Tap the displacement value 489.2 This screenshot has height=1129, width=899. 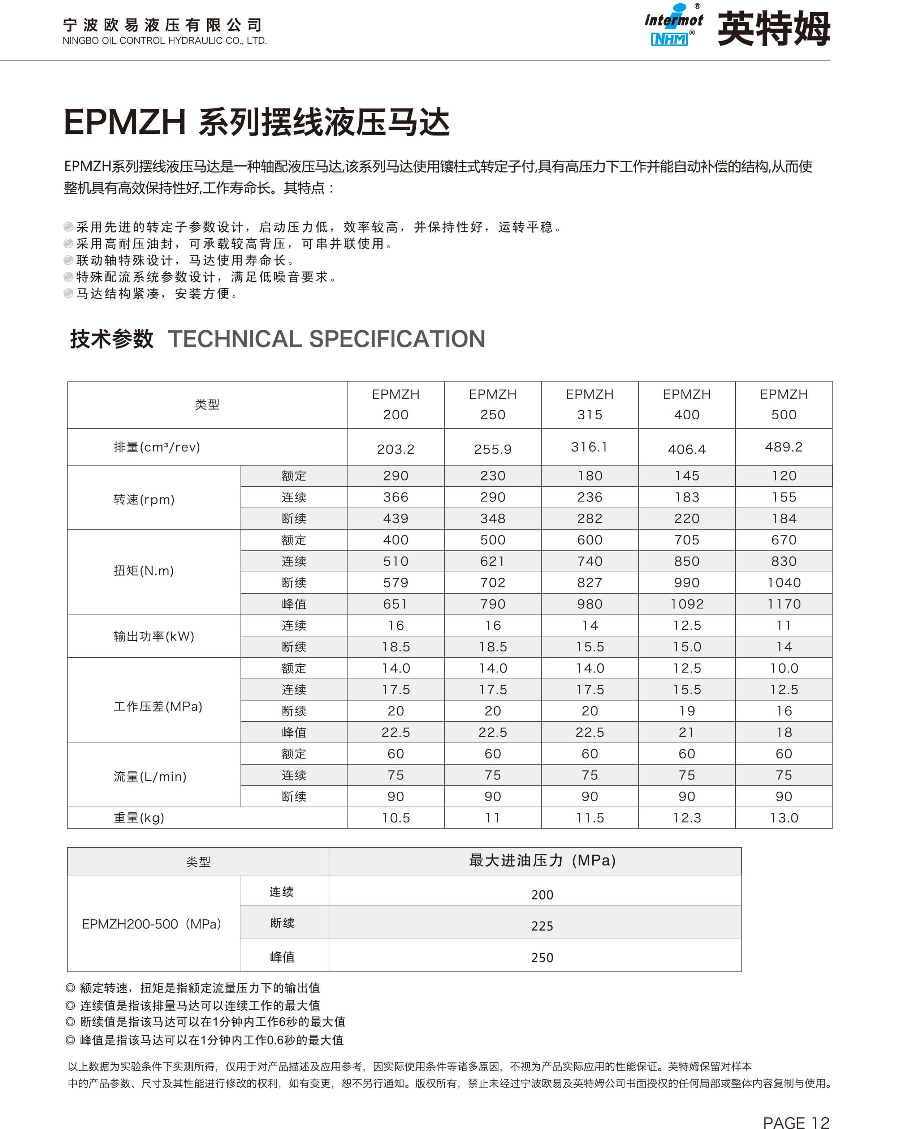pyautogui.click(x=783, y=447)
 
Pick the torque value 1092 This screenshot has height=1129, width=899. pyautogui.click(x=687, y=604)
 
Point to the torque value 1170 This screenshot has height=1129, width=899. pyautogui.click(x=783, y=604)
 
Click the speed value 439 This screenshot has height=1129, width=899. pyautogui.click(x=396, y=518)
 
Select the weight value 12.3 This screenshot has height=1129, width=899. pyautogui.click(x=687, y=817)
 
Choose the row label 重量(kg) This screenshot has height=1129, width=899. pyautogui.click(x=139, y=817)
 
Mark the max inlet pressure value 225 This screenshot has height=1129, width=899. pyautogui.click(x=541, y=926)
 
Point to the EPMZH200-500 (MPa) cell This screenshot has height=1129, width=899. pyautogui.click(x=152, y=924)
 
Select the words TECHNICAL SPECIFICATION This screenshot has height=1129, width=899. pyautogui.click(x=326, y=339)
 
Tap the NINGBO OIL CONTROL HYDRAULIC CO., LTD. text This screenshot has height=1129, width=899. pyautogui.click(x=164, y=41)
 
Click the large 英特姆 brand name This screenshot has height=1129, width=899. pyautogui.click(x=773, y=29)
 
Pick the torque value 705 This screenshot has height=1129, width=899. pyautogui.click(x=687, y=540)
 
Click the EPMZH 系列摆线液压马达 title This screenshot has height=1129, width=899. pyautogui.click(x=256, y=122)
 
